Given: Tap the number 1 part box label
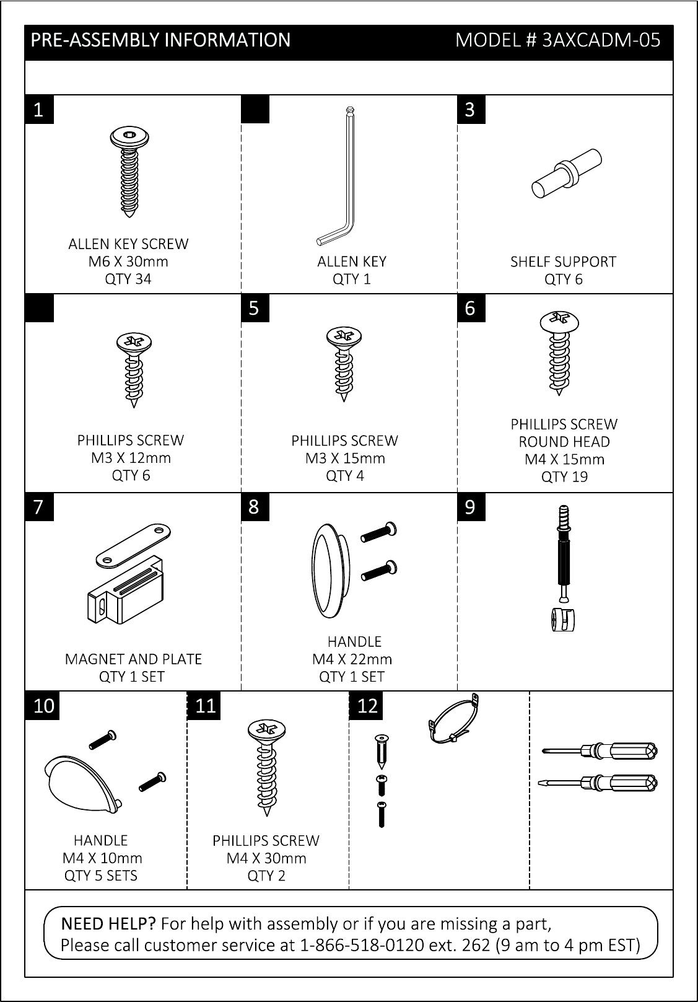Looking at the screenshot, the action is (40, 110).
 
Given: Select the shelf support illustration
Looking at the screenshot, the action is (567, 173).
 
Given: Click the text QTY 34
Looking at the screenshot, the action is (128, 279).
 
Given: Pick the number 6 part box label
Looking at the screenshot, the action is (471, 308).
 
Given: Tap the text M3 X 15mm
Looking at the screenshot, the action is (345, 459).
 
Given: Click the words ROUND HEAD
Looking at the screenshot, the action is (564, 442).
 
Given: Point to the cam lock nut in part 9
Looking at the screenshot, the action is (563, 620).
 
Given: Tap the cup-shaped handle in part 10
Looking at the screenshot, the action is (83, 784).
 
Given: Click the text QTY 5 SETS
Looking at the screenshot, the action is (100, 876).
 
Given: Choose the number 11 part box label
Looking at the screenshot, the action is (204, 706).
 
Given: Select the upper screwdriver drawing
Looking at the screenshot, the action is (599, 751).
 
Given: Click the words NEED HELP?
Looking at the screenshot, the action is (108, 924).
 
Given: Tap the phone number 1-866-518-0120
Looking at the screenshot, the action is (362, 945).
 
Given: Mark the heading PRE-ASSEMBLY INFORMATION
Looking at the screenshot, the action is (160, 40).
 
